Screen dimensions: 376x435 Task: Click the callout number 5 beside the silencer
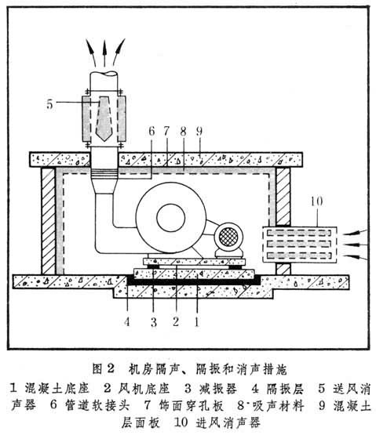pyautogui.click(x=49, y=104)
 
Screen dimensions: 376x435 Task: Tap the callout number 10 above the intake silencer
pyautogui.click(x=316, y=201)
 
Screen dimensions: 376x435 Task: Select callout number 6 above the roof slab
pyautogui.click(x=151, y=131)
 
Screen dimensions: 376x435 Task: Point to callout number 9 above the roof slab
pyautogui.click(x=199, y=131)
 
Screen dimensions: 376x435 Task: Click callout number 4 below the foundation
pyautogui.click(x=127, y=322)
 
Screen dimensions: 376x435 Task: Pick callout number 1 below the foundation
pyautogui.click(x=197, y=322)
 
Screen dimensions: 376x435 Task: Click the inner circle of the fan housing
pyautogui.click(x=171, y=218)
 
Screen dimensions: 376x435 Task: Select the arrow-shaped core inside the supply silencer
pyautogui.click(x=104, y=118)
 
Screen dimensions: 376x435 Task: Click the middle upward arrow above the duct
pyautogui.click(x=104, y=53)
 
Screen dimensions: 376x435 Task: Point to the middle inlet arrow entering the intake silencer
pyautogui.click(x=356, y=245)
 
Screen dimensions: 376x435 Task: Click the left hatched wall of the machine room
pyautogui.click(x=48, y=221)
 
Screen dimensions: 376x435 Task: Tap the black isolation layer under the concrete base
pyautogui.click(x=193, y=281)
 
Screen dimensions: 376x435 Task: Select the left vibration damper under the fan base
pyautogui.click(x=153, y=266)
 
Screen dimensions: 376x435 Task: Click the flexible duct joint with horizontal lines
pyautogui.click(x=104, y=173)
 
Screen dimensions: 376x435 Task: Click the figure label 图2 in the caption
pyautogui.click(x=104, y=368)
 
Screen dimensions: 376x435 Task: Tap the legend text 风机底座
pyautogui.click(x=144, y=389)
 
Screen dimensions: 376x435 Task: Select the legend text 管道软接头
pyautogui.click(x=97, y=405)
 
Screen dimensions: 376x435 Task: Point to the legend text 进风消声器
pyautogui.click(x=228, y=422)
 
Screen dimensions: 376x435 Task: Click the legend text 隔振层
pyautogui.click(x=285, y=389)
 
